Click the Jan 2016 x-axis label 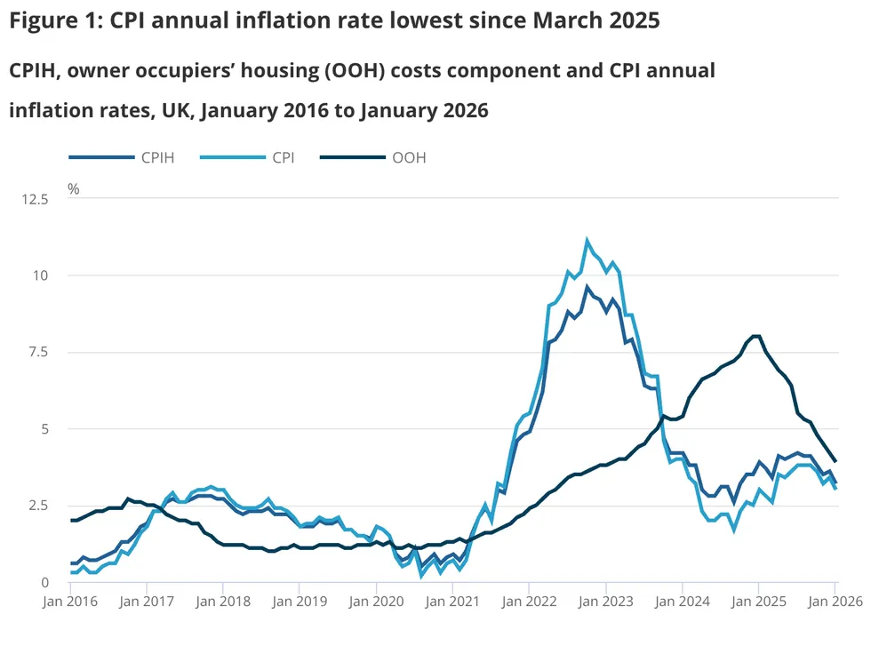[x=71, y=601]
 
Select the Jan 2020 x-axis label [x=376, y=601]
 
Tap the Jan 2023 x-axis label [x=606, y=601]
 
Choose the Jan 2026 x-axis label [x=835, y=601]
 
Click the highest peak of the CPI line [x=587, y=240]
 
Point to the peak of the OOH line [x=756, y=336]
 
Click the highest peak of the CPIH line [x=587, y=287]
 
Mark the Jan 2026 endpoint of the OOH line [x=835, y=461]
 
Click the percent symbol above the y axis [x=74, y=189]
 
